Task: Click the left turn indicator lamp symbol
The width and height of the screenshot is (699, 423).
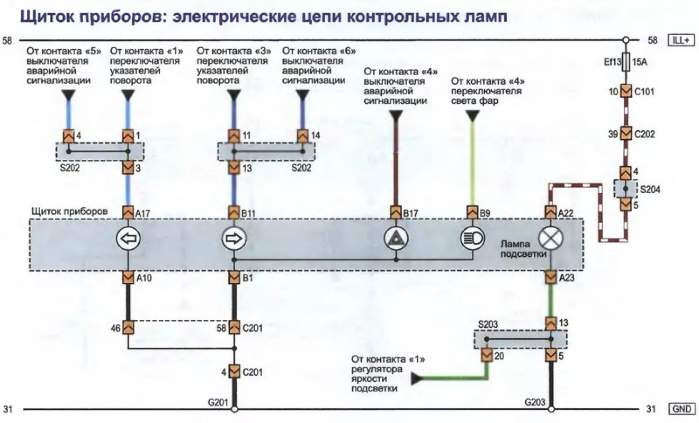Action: pos(128,239)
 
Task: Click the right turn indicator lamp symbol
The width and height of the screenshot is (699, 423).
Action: pos(234,239)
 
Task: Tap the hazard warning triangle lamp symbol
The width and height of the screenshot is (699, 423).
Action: pos(396,239)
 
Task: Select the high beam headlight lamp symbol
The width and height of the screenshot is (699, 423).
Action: pos(472,239)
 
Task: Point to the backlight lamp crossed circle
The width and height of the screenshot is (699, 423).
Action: pos(550,239)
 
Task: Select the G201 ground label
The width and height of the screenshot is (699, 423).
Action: pos(218,402)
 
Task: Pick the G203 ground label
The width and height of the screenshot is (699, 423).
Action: pos(535,402)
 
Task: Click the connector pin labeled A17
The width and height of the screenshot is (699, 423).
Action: pos(128,213)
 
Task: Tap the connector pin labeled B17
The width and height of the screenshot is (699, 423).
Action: pos(396,213)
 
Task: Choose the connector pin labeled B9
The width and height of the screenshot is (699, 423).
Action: pos(472,213)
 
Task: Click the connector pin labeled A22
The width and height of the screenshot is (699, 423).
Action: pos(550,213)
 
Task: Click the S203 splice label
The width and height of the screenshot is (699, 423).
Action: pos(488,323)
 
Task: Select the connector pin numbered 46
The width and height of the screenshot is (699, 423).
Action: pos(128,328)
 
